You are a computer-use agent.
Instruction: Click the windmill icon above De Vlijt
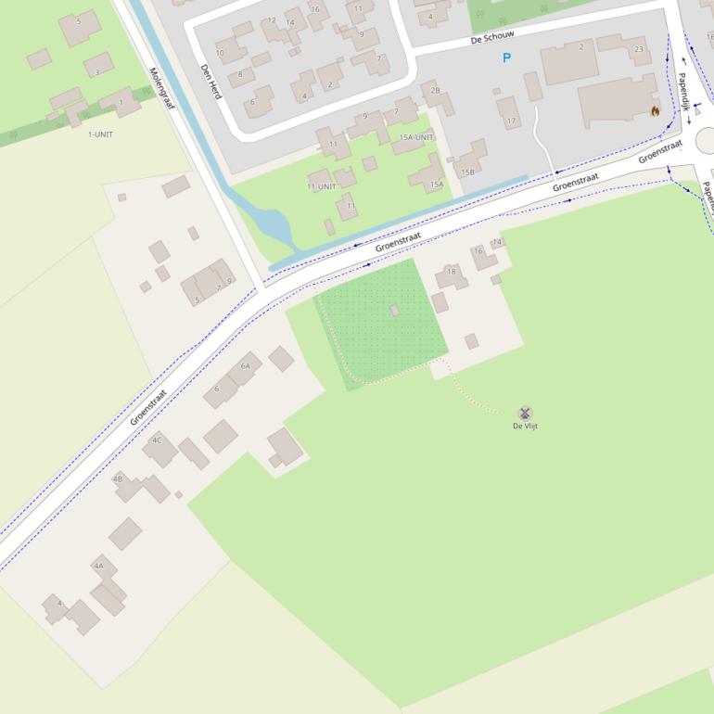point(525,413)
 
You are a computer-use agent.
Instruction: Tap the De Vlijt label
point(525,427)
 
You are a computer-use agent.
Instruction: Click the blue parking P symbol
point(506,58)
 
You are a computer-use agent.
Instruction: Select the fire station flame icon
point(656,111)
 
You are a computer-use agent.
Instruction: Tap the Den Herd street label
point(211,81)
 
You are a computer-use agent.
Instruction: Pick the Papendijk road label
point(683,93)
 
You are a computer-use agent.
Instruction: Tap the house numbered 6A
point(244,368)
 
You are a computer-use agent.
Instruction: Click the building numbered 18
point(452,275)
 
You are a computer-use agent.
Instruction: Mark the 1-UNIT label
point(100,134)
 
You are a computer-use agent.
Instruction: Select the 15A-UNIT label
point(416,137)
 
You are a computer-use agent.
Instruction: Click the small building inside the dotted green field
point(395,310)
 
